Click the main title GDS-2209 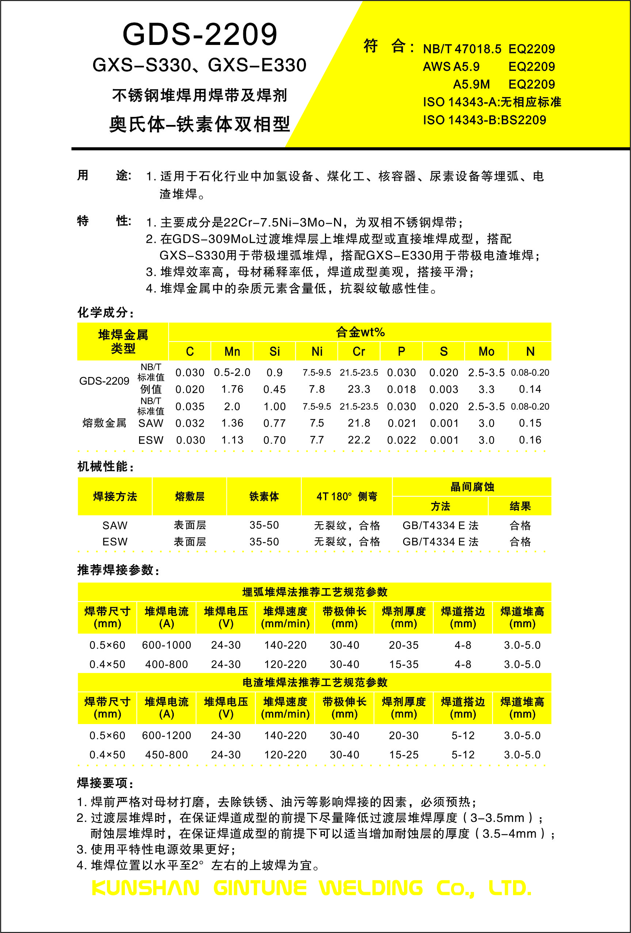tap(199, 35)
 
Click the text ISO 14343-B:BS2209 tap(484, 120)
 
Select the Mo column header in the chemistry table tap(486, 352)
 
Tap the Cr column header tap(359, 352)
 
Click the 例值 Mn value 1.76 tap(232, 389)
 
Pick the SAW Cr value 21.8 tap(359, 423)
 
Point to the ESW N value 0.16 tap(530, 440)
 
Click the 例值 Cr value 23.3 tap(359, 389)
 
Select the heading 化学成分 tap(105, 312)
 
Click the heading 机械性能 tap(105, 466)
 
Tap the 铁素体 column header tap(264, 496)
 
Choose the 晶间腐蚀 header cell tap(472, 487)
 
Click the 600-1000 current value tap(167, 645)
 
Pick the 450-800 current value tap(167, 755)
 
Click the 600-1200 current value tap(167, 735)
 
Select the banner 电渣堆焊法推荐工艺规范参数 tap(315, 682)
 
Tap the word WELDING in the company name tap(371, 888)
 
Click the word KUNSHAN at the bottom tap(145, 888)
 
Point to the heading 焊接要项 tap(105, 783)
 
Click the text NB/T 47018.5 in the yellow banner tap(462, 49)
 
